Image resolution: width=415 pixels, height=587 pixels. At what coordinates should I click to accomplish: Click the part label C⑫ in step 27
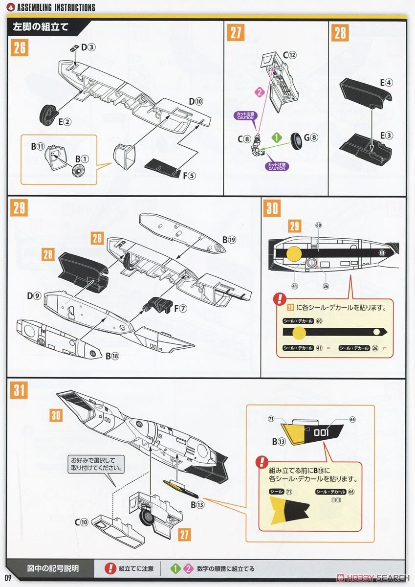(x=289, y=55)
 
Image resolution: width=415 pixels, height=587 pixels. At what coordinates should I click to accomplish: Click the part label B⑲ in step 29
(x=229, y=240)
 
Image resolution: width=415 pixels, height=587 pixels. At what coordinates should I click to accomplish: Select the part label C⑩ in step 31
(x=82, y=521)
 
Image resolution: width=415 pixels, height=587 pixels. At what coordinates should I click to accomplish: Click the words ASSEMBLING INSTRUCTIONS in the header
(x=56, y=8)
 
